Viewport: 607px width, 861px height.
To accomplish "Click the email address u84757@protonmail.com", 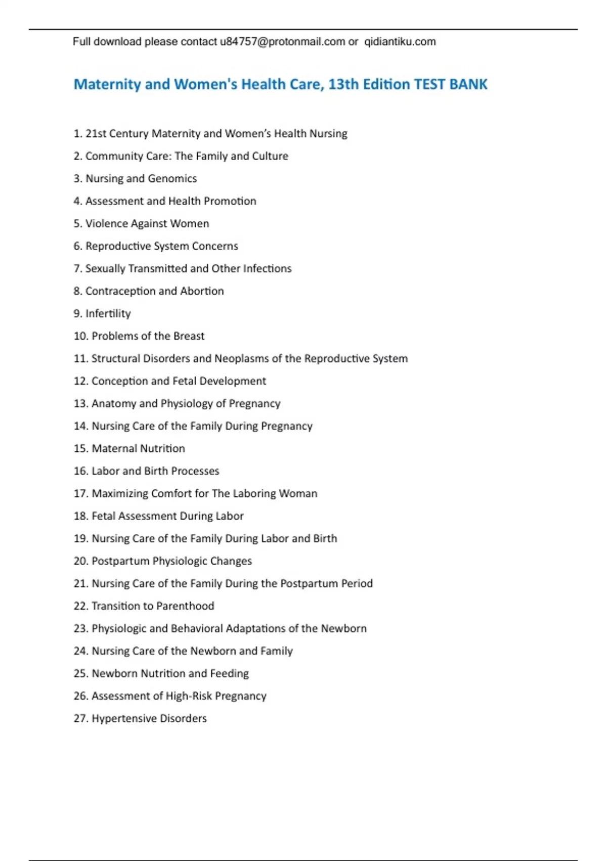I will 282,42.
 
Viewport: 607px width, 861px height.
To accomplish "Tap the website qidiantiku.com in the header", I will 400,42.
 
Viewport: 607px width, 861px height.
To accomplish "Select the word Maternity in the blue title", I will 107,84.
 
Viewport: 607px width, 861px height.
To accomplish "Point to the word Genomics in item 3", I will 172,178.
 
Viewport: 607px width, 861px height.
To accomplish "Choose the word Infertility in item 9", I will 108,314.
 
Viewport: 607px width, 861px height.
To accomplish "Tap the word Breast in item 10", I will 189,336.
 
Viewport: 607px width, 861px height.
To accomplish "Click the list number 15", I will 81,449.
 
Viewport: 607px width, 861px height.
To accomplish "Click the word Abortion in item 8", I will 202,291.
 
